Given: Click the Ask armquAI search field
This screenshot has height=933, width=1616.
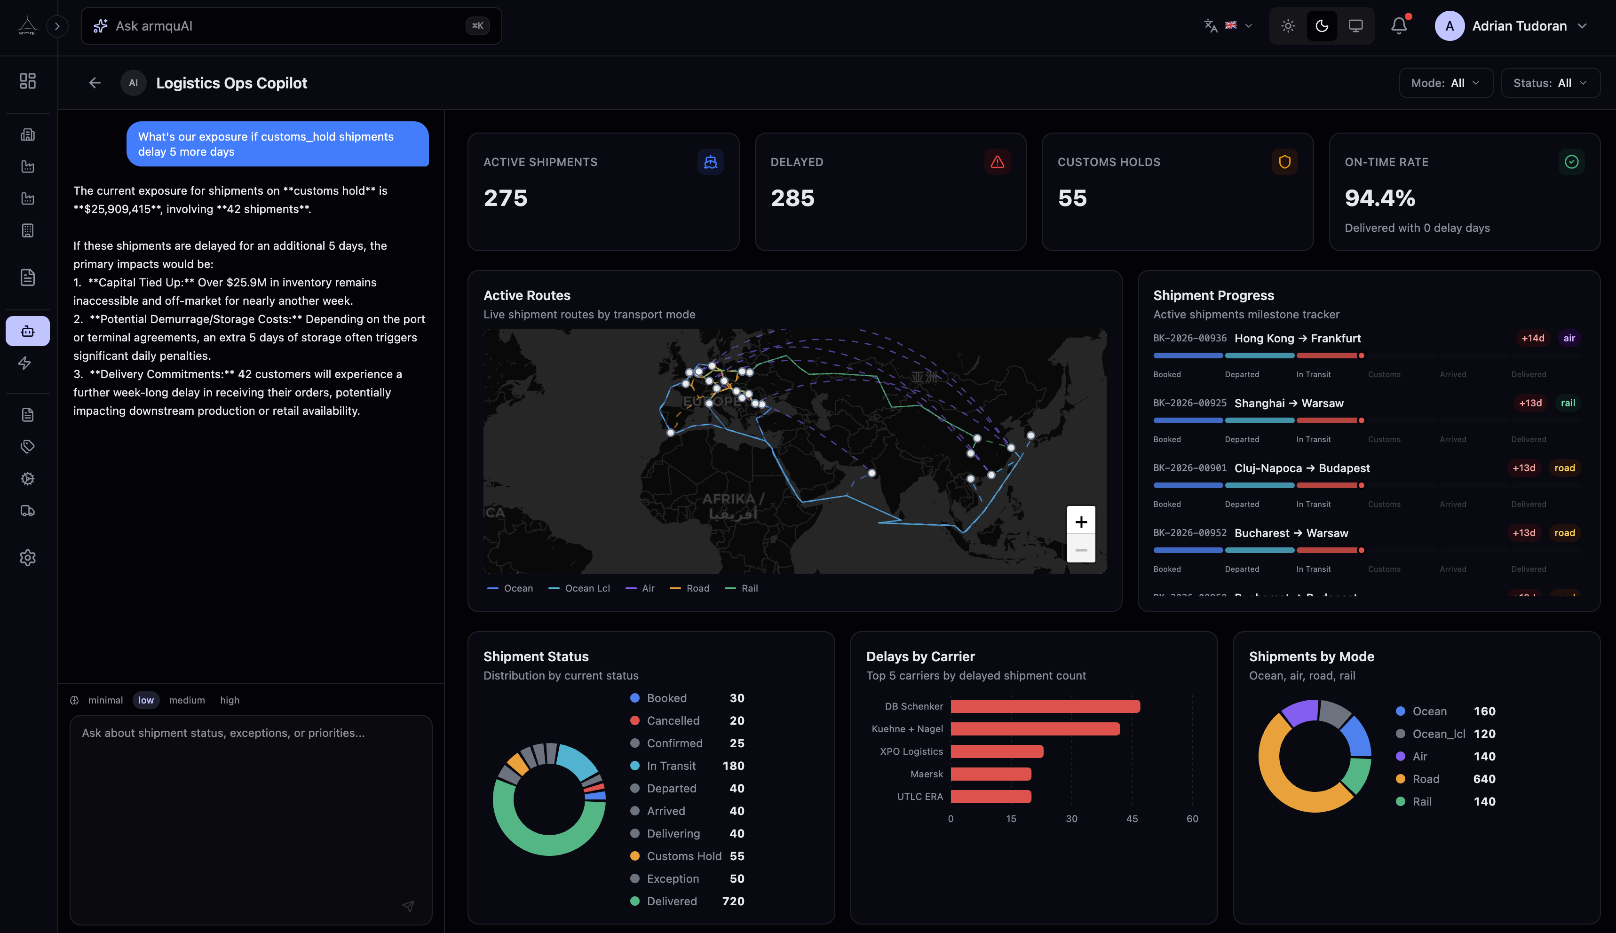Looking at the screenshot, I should [282, 26].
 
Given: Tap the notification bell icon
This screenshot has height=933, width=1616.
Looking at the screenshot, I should [1399, 26].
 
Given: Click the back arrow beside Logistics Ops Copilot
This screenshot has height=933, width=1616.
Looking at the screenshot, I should [95, 83].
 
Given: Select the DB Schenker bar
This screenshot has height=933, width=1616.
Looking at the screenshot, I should [1045, 706].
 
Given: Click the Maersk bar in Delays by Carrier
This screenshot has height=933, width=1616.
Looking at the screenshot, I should [990, 774].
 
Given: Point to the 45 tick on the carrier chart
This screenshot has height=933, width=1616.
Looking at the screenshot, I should [1132, 819].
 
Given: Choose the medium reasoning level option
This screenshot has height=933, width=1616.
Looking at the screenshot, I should [186, 700].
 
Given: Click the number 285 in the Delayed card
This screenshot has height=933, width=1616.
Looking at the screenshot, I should [792, 198].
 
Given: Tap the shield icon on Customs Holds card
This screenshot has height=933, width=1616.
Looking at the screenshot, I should [1284, 162].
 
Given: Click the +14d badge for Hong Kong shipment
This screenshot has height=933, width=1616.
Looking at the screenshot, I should [1532, 338].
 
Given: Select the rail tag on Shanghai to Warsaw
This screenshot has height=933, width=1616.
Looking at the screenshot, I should [1567, 403].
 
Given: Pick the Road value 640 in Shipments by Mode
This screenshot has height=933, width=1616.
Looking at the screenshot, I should [1484, 779].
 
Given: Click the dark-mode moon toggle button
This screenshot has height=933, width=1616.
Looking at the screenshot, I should [1321, 26].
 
